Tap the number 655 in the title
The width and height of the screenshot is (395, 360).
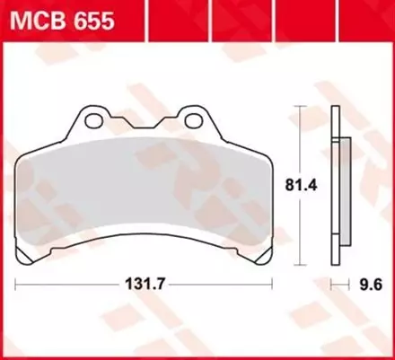tap(93, 19)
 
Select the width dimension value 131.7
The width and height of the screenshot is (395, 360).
tap(145, 286)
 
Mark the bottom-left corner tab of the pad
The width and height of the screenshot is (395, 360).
tap(30, 259)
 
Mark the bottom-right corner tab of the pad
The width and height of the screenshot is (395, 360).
tap(259, 259)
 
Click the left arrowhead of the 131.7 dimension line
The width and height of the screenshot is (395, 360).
tap(18, 286)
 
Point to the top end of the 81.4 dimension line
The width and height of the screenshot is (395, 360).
tap(301, 109)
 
